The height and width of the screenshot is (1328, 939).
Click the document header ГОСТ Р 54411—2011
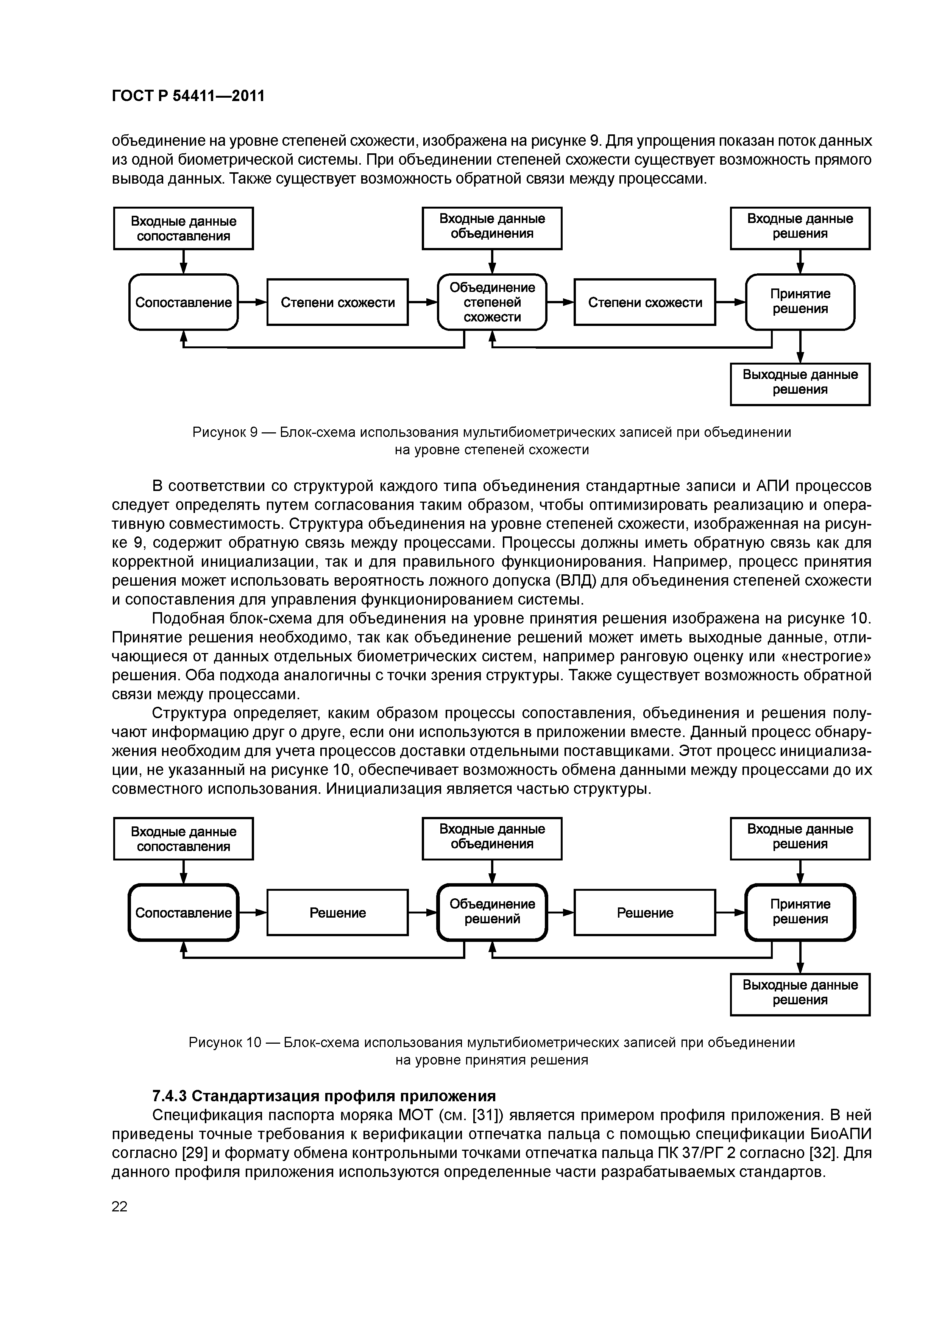pyautogui.click(x=188, y=95)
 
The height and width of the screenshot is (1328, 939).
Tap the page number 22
pyautogui.click(x=120, y=1206)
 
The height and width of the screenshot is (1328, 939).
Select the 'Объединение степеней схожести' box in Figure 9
pyautogui.click(x=492, y=302)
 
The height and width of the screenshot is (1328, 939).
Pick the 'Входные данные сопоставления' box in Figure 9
pyautogui.click(x=183, y=229)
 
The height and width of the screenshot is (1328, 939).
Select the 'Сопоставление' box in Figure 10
pyautogui.click(x=183, y=913)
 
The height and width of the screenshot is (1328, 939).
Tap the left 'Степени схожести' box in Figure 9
pyautogui.click(x=337, y=302)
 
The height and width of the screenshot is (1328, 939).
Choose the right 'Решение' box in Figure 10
pyautogui.click(x=645, y=913)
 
